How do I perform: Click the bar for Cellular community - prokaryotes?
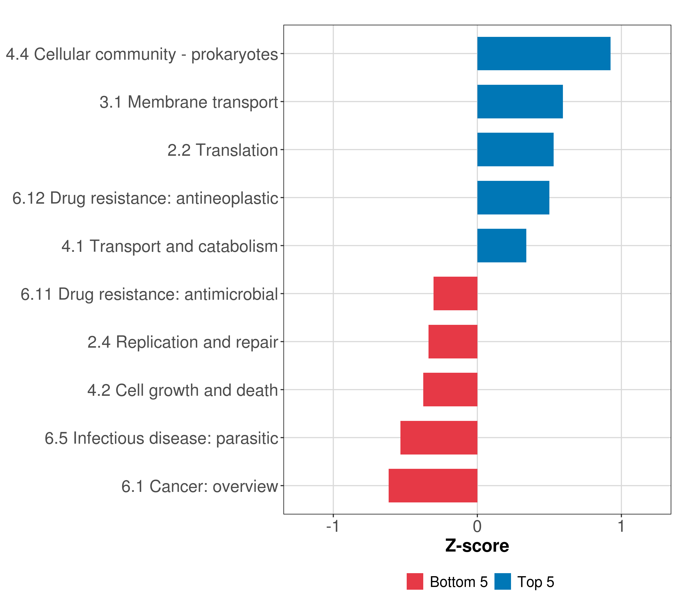(x=544, y=54)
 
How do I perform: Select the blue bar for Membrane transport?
(x=520, y=102)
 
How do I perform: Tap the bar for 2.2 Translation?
(x=515, y=149)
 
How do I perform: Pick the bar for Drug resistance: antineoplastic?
(x=513, y=198)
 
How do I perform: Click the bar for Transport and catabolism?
(x=501, y=246)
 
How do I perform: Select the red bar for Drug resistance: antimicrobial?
(x=455, y=293)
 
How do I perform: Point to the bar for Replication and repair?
(x=453, y=342)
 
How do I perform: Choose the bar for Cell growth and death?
(x=450, y=390)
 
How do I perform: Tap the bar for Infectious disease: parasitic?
(x=439, y=438)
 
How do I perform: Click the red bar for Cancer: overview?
(x=433, y=486)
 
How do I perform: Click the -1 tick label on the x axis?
(x=332, y=526)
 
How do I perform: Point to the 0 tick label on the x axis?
(x=477, y=526)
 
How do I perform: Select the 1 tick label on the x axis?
(x=621, y=526)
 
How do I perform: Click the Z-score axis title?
(x=477, y=546)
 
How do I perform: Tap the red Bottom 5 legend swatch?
(x=415, y=581)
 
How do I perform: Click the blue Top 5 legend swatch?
(x=502, y=581)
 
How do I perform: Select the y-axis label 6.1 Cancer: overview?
(x=199, y=486)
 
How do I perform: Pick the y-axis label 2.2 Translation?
(x=222, y=150)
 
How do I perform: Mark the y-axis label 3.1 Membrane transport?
(x=189, y=102)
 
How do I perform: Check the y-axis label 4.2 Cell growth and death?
(x=183, y=390)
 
